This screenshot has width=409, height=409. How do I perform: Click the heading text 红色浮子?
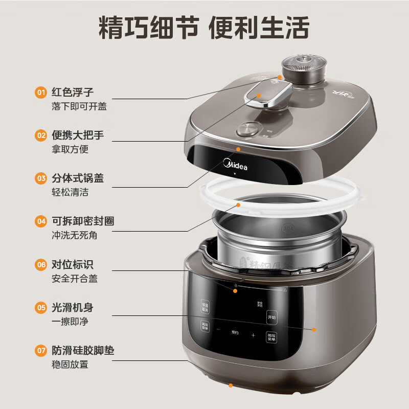73,93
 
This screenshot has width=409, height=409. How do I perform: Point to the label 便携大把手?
78,135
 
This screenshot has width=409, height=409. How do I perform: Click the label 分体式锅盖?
78,178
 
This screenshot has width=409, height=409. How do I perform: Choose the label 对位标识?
73,265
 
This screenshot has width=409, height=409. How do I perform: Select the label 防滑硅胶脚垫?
83,351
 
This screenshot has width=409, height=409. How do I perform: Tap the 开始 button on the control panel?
271,317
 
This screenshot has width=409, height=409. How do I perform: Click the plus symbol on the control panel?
253,335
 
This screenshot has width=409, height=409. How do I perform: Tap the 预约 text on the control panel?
235,332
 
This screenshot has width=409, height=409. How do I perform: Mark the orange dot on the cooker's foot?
231,385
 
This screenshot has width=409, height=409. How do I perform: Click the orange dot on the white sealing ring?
238,204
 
